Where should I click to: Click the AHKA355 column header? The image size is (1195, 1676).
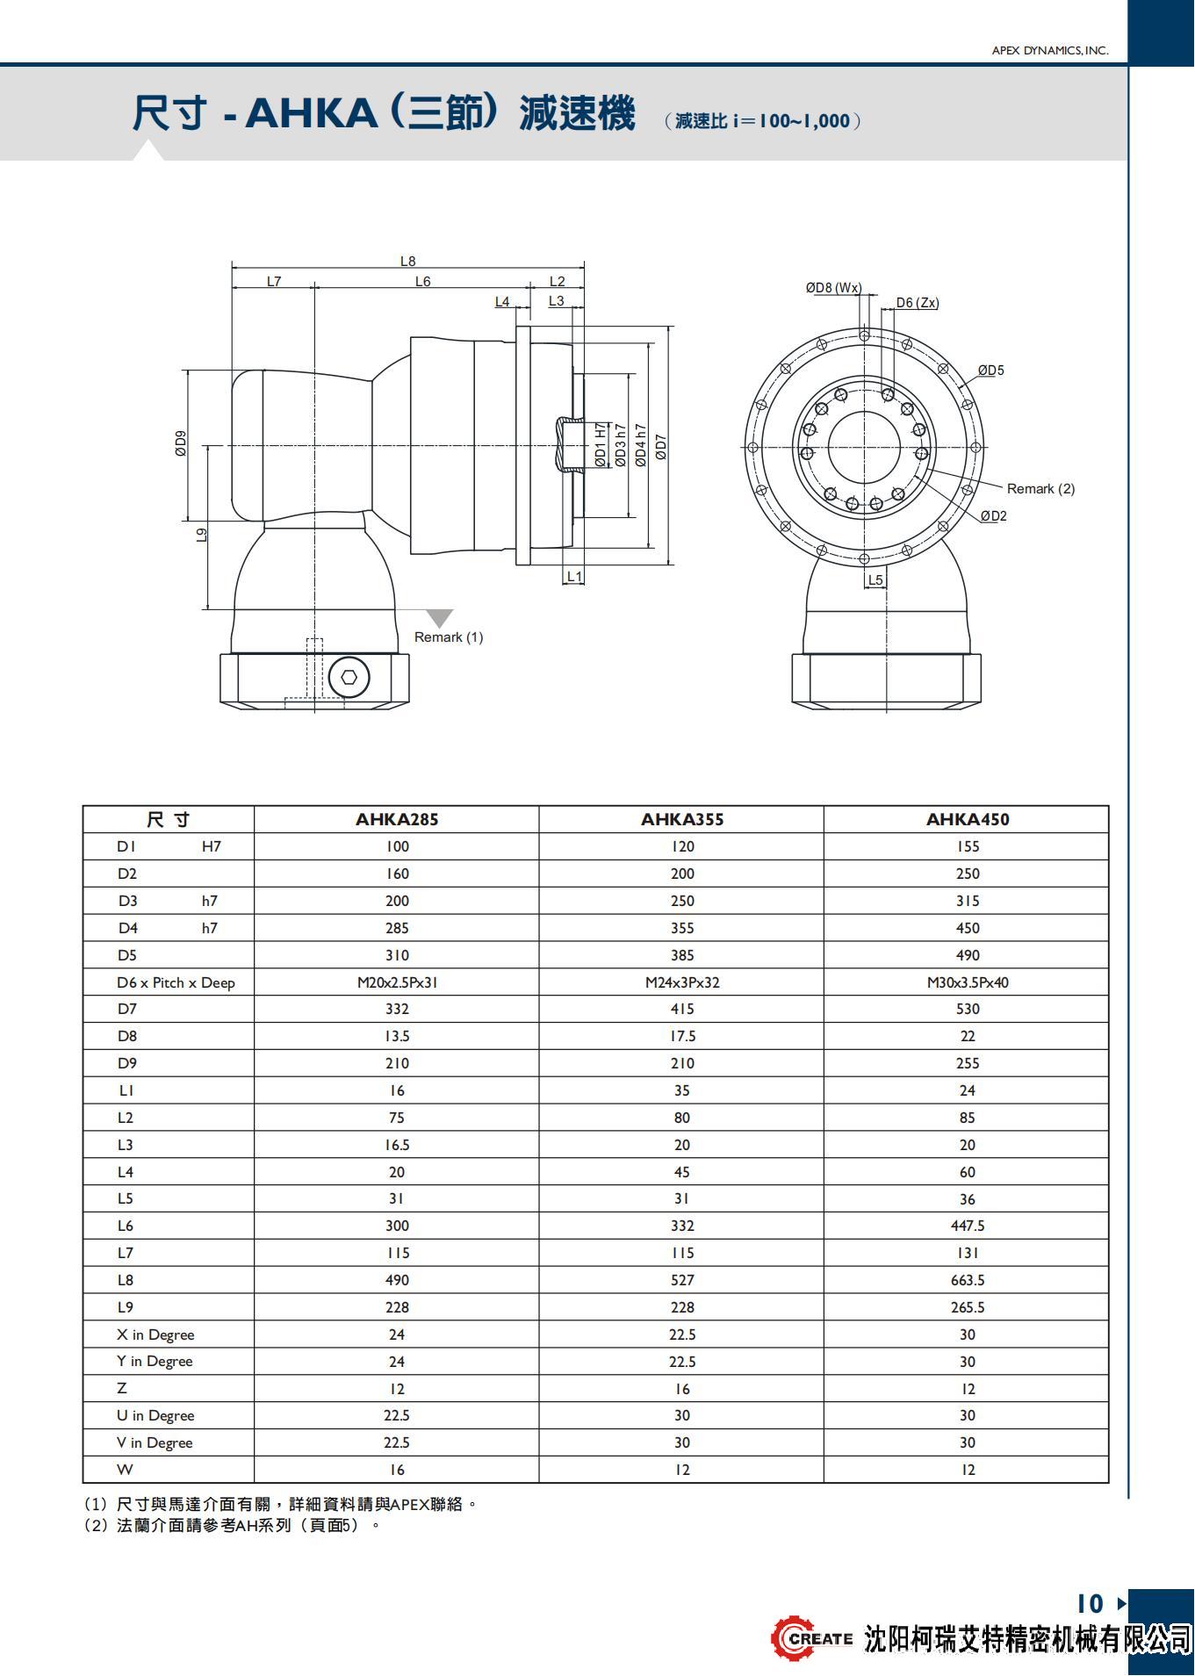point(681,819)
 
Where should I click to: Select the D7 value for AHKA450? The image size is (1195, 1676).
point(967,1009)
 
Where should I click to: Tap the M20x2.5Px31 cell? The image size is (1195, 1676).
point(397,982)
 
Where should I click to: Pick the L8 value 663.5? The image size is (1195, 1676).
point(967,1280)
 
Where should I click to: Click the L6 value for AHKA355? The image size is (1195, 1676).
point(681,1226)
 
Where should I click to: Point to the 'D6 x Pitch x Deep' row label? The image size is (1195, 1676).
point(176,982)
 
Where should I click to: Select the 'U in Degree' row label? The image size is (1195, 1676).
point(155,1415)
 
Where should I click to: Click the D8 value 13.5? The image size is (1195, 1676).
point(397,1036)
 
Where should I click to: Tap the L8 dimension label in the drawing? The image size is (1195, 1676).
point(407,261)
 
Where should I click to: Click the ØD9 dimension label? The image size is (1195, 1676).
point(181,443)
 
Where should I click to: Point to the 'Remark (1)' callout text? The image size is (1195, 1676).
point(449,637)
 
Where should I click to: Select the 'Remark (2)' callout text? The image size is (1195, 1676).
point(1040,488)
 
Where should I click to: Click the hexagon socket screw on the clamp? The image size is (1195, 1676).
point(349,677)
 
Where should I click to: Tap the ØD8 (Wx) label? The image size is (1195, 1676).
point(833,287)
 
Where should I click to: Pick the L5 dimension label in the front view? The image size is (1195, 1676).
point(875,579)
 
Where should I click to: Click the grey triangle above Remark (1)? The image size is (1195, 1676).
point(438,618)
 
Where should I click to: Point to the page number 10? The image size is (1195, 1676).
point(1090,1604)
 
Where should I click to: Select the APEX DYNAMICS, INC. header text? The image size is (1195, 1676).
point(1049,51)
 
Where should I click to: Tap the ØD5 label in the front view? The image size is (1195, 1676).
point(991,370)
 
